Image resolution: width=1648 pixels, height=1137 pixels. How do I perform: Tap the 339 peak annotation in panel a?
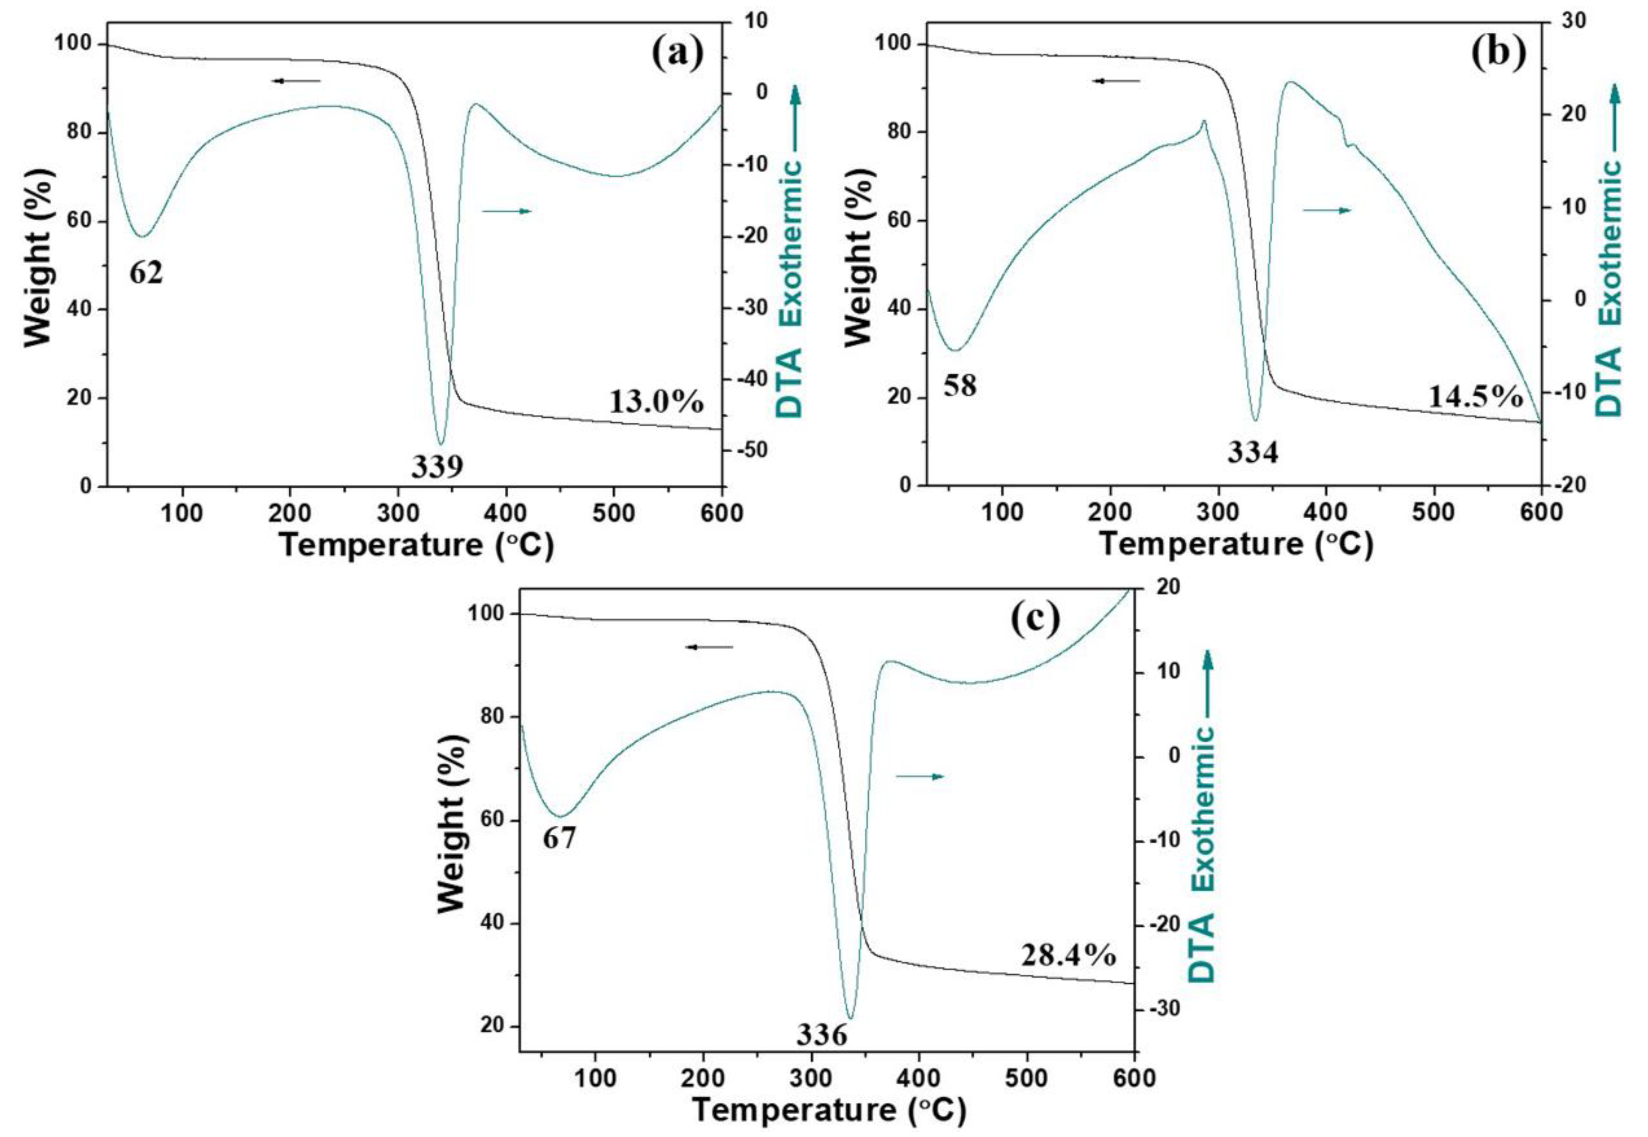437,466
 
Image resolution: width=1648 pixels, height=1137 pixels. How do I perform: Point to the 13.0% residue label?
656,402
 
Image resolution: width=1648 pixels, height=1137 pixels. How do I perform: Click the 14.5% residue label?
1476,396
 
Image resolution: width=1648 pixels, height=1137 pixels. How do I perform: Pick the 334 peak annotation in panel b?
1252,452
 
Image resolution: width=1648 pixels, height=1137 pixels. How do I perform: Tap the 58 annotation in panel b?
960,386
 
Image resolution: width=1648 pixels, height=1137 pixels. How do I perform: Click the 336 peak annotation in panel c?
822,1035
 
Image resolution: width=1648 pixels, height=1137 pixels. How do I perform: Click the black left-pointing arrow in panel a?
296,81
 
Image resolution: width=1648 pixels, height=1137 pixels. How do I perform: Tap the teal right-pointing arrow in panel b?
1327,210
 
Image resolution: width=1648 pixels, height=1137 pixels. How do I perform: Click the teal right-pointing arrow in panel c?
920,776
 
